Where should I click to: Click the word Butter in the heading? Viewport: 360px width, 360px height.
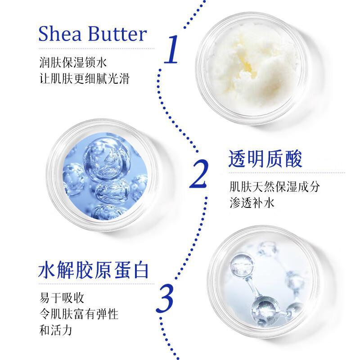pyautogui.click(x=117, y=34)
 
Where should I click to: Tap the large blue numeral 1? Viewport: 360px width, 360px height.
pyautogui.click(x=171, y=49)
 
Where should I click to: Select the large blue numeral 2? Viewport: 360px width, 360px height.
pyautogui.click(x=199, y=174)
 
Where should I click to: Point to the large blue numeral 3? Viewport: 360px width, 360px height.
pyautogui.click(x=165, y=298)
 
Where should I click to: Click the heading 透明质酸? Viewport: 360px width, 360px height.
pyautogui.click(x=265, y=159)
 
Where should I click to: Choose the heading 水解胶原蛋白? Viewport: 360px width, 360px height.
pyautogui.click(x=94, y=270)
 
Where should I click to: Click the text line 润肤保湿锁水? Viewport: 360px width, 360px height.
pyautogui.click(x=73, y=62)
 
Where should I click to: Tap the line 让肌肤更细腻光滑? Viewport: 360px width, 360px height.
pyautogui.click(x=85, y=78)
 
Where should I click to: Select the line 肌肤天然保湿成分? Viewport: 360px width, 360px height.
pyautogui.click(x=274, y=186)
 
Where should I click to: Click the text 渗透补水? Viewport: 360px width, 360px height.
pyautogui.click(x=252, y=203)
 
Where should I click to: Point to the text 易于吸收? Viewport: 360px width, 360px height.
pyautogui.click(x=62, y=298)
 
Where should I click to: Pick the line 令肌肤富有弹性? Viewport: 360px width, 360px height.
pyautogui.click(x=79, y=314)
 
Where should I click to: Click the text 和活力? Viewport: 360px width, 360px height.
pyautogui.click(x=56, y=330)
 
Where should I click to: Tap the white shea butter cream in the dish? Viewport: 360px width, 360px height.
pyautogui.click(x=252, y=69)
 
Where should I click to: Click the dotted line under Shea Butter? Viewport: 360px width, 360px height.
pyautogui.click(x=96, y=49)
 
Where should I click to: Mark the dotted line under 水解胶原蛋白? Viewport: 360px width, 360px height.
pyautogui.click(x=96, y=284)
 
